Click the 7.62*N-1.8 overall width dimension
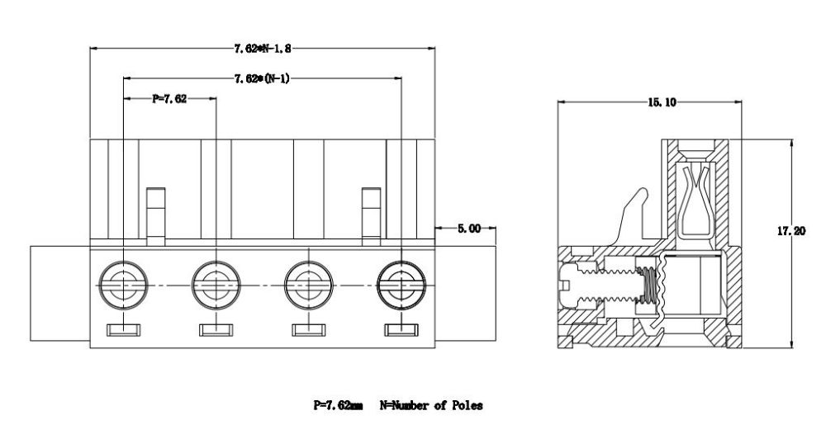263,50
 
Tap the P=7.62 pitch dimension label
169,98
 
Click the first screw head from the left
123,285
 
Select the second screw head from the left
216,285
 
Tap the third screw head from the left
309,285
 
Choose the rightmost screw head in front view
401,285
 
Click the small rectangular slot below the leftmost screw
123,331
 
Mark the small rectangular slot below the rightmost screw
401,331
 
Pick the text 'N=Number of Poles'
430,405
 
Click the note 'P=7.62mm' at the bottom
337,405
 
